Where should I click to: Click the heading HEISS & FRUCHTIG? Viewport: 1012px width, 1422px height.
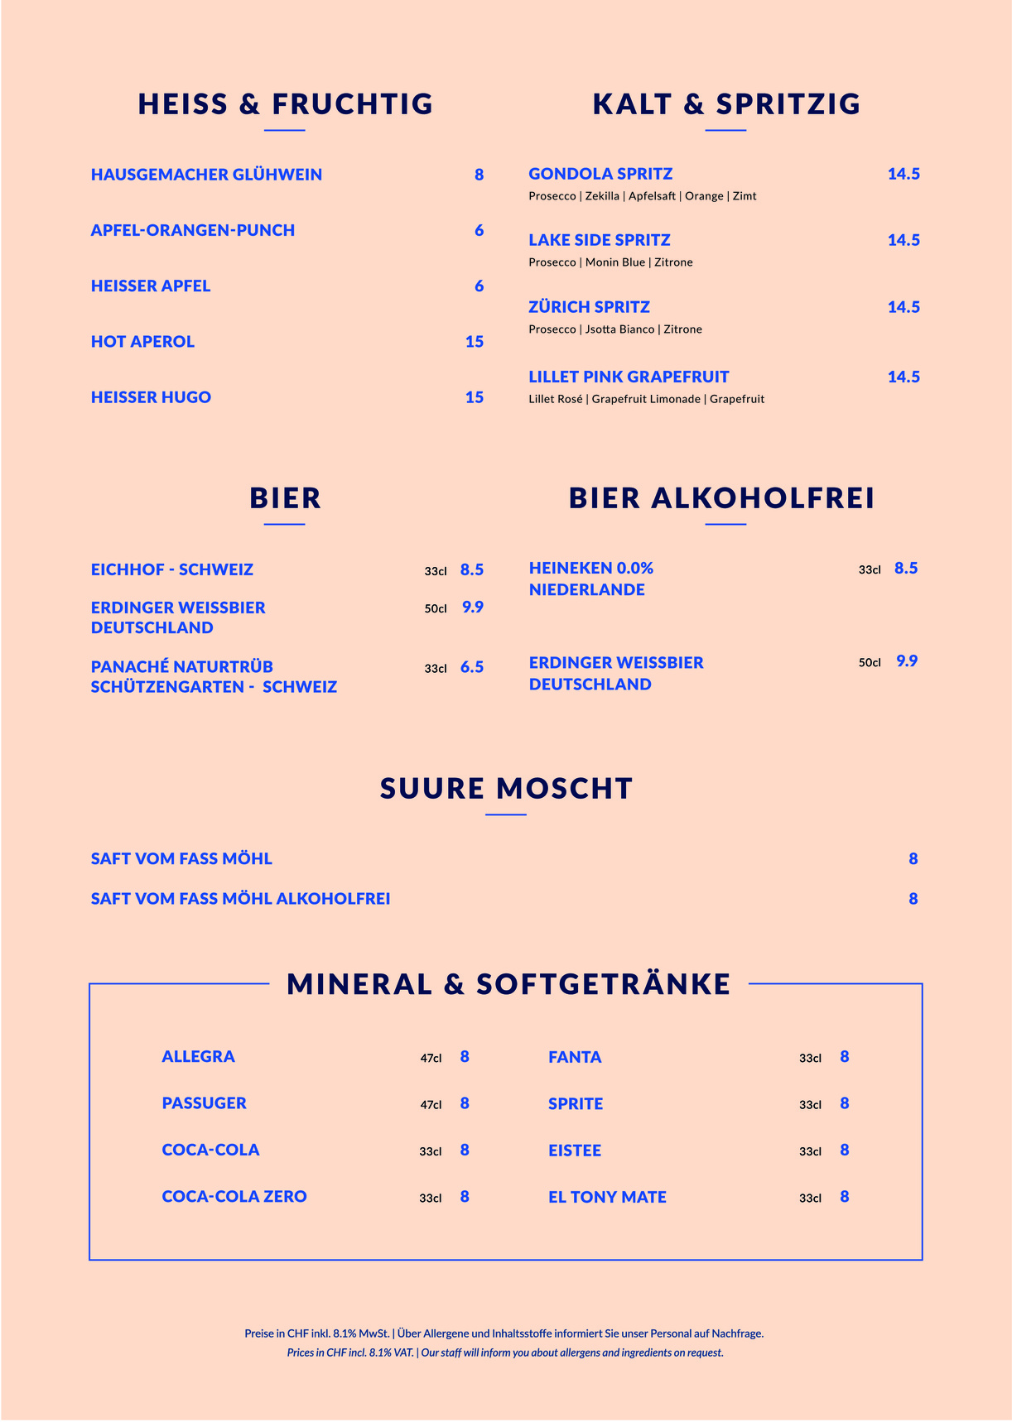pos(286,104)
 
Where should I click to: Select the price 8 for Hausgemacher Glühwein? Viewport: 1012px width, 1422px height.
pos(479,175)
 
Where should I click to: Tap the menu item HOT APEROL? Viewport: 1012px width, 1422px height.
pos(142,342)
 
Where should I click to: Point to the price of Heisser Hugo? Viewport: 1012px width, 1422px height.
pos(474,397)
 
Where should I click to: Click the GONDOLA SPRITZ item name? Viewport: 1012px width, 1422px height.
pos(600,174)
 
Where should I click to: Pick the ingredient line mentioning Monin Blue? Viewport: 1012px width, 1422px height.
pos(610,262)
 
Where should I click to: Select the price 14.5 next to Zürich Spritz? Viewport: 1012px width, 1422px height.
pos(904,307)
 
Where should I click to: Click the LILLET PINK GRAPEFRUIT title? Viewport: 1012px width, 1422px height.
pos(629,377)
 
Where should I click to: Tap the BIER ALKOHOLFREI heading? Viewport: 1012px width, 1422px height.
pos(721,498)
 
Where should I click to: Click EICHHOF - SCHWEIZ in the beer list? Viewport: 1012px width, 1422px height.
pos(172,569)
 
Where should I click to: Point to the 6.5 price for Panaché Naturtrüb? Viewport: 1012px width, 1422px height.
pos(472,667)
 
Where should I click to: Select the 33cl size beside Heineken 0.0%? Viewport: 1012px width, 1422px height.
pos(870,569)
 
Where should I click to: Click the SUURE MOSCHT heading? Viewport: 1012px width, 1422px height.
pos(506,788)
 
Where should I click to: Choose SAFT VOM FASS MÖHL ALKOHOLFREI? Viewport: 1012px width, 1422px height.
pos(240,899)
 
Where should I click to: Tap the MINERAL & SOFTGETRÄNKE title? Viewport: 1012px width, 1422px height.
pos(508,984)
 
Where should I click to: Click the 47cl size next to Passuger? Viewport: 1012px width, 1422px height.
pos(431,1105)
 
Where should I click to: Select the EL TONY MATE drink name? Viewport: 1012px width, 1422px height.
pos(607,1197)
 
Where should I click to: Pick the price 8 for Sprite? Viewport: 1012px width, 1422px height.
pos(844,1103)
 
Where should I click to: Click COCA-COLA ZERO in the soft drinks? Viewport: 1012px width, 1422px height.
pos(234,1197)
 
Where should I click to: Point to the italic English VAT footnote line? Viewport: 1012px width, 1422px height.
pos(505,1352)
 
